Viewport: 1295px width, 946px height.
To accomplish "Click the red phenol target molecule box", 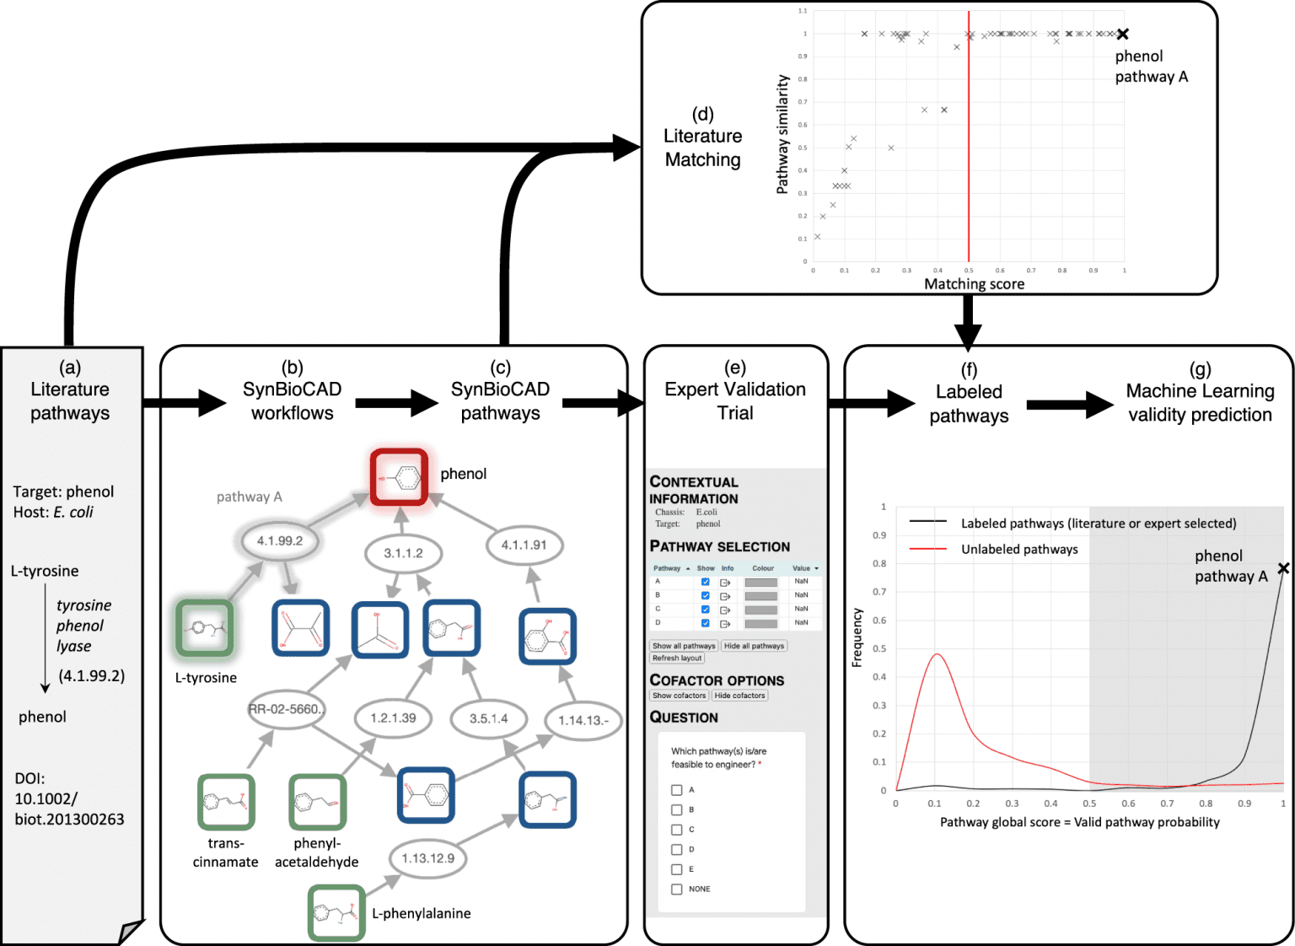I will (x=400, y=477).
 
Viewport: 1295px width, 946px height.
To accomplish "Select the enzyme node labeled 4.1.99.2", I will (x=280, y=541).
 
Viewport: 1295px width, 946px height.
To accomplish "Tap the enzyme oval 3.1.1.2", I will (x=403, y=554).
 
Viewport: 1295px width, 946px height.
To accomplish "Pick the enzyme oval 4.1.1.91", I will (x=524, y=546).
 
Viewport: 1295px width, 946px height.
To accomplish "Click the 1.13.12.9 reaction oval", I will (x=427, y=858).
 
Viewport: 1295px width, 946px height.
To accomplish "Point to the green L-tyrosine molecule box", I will (x=205, y=628).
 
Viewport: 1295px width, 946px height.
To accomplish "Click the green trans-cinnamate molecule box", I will (x=226, y=802).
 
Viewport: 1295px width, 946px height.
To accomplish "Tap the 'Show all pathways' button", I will (x=684, y=646).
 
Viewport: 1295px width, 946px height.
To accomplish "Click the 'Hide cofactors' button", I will (x=739, y=696).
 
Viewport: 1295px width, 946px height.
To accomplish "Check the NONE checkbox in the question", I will (x=677, y=889).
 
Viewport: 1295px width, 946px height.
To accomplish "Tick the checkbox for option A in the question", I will (x=677, y=790).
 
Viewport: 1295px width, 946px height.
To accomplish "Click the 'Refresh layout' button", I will (x=676, y=658).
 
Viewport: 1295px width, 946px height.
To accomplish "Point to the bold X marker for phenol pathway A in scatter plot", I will (x=1122, y=35).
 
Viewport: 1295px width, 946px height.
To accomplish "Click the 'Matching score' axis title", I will (x=974, y=284).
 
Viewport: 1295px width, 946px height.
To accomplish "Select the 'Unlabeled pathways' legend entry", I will (x=1019, y=550).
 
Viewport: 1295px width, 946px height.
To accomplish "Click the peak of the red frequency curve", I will (x=936, y=654).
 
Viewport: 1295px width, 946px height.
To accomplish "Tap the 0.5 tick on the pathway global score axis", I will (x=1089, y=804).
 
